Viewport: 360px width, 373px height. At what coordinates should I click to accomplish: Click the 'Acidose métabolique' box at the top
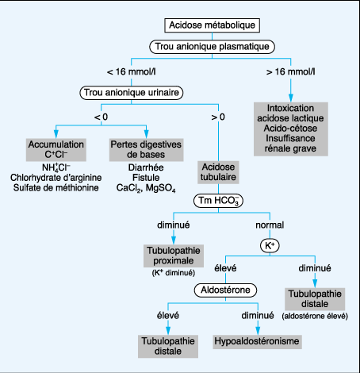(212, 25)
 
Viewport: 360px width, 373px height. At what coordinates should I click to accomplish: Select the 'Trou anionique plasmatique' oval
(212, 47)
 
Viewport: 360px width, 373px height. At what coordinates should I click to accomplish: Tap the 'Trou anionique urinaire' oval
(132, 93)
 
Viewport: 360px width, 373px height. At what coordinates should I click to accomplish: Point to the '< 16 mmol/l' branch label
(132, 71)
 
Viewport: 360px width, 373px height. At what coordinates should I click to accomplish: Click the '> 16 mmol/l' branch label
(291, 71)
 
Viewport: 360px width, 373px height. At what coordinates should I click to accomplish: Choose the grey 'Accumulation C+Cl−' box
(56, 150)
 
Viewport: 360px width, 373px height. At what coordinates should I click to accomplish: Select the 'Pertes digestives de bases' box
(146, 150)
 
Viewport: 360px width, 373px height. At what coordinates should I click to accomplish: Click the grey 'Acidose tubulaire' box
(218, 172)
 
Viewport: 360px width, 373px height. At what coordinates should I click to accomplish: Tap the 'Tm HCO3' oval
(218, 201)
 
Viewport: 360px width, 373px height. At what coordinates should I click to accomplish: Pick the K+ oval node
(270, 246)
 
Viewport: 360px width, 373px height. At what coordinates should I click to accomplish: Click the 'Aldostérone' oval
(225, 290)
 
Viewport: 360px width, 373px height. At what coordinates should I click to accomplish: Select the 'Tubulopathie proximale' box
(174, 256)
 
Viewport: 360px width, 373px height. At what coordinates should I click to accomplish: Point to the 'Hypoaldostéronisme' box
(257, 341)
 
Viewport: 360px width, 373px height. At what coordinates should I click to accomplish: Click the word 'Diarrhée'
(146, 167)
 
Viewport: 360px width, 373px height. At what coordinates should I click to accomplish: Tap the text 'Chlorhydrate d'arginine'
(56, 178)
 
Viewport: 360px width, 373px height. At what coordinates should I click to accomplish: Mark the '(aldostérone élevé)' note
(315, 316)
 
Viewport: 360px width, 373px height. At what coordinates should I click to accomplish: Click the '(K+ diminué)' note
(174, 273)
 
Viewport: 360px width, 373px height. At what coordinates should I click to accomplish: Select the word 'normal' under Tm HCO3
(270, 225)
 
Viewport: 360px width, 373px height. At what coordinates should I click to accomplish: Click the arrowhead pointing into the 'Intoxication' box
(291, 98)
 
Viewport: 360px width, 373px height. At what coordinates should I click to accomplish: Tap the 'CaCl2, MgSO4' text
(146, 188)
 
